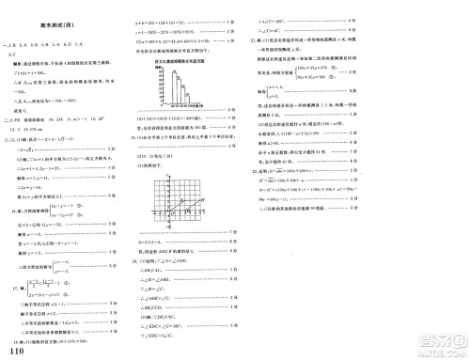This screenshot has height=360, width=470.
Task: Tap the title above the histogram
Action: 176,59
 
